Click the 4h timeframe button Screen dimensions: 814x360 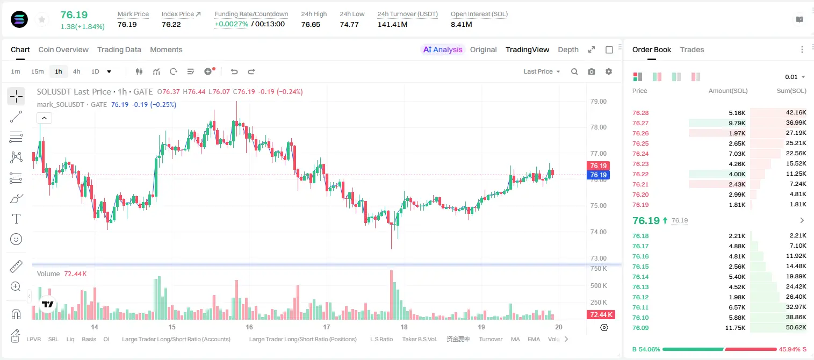[x=76, y=71]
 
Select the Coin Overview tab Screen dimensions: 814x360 [x=63, y=49]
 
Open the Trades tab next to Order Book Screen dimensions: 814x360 [x=692, y=49]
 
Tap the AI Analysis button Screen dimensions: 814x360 [x=443, y=49]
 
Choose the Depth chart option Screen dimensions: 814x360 [x=568, y=49]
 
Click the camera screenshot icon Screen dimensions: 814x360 [x=592, y=71]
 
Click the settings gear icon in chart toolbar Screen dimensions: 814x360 [x=609, y=71]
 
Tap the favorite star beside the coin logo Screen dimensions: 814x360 [x=42, y=19]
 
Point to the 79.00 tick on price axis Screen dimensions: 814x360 [x=598, y=102]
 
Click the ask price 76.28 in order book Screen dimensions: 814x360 [x=640, y=113]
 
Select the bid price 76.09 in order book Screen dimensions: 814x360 [x=640, y=328]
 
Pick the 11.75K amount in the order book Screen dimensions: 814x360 [x=735, y=328]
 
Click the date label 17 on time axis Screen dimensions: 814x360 [x=326, y=327]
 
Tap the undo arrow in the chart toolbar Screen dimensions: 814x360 [x=234, y=71]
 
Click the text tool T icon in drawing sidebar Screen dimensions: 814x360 [x=16, y=219]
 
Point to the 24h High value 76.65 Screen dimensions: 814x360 [x=311, y=24]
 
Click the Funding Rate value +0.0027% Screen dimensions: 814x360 [x=232, y=24]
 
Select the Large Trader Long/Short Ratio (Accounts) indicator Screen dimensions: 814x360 [x=176, y=339]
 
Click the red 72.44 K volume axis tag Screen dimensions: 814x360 [x=601, y=314]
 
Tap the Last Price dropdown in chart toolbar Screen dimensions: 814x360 [x=542, y=71]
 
